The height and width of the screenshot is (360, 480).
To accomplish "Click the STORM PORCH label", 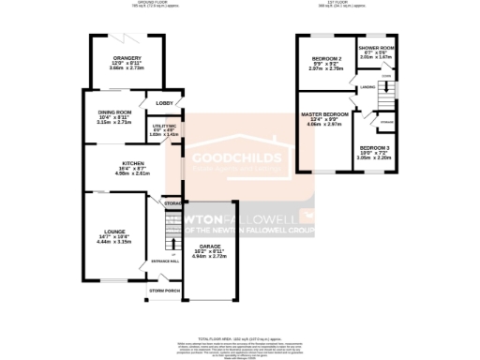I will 163,291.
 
